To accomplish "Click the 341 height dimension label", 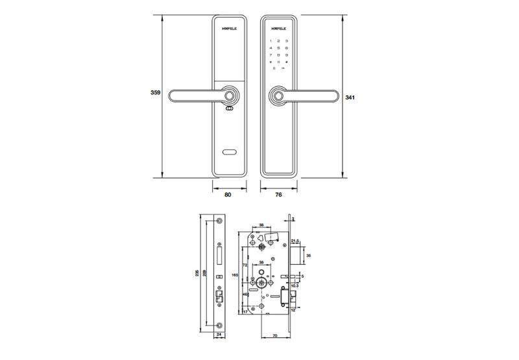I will pyautogui.click(x=350, y=97).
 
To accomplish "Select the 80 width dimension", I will pyautogui.click(x=228, y=193).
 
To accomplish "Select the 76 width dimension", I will pyautogui.click(x=278, y=193).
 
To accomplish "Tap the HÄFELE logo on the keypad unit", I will pyautogui.click(x=278, y=29).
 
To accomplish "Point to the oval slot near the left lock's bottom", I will pyautogui.click(x=230, y=153).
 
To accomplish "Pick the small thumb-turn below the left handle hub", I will pyautogui.click(x=229, y=110).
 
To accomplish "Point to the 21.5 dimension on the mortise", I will pyautogui.click(x=303, y=240).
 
